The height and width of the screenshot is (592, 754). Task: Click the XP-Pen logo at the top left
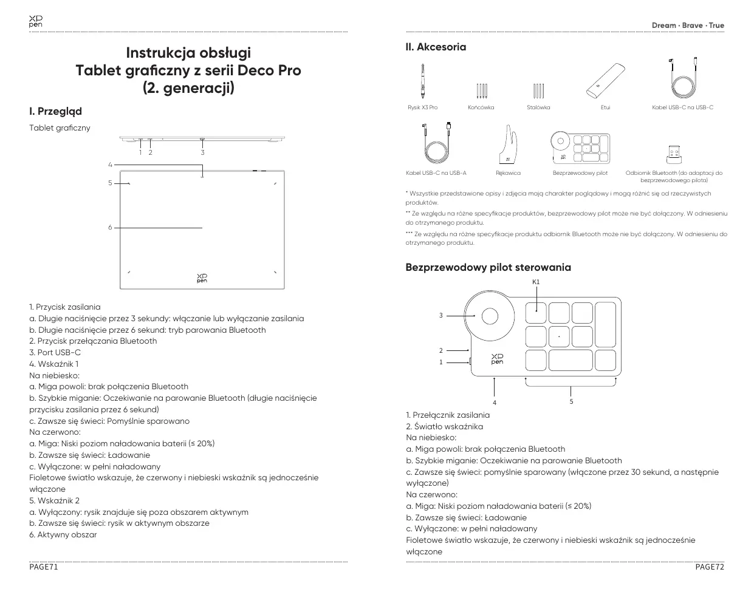[x=35, y=22]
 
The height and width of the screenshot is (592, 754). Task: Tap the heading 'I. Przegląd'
[x=55, y=111]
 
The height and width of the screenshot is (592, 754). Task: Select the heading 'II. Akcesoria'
[x=436, y=47]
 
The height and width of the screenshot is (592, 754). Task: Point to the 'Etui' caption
[x=605, y=107]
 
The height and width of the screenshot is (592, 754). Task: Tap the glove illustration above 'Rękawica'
[x=508, y=145]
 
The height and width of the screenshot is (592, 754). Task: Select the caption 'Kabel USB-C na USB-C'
[x=682, y=107]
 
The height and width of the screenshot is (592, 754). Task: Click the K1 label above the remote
[x=536, y=282]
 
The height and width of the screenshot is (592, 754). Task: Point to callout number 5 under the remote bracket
[x=571, y=401]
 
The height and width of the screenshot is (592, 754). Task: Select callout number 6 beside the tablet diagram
[x=110, y=228]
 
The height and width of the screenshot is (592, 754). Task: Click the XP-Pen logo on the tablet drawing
[x=202, y=277]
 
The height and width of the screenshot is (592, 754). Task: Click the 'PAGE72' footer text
[x=710, y=567]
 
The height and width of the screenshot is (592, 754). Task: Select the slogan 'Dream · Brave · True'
[x=688, y=26]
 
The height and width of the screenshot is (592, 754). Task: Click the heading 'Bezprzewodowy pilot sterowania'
[x=488, y=267]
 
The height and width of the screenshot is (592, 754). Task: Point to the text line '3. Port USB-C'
[x=55, y=352]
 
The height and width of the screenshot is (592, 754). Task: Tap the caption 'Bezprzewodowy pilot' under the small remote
[x=580, y=173]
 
